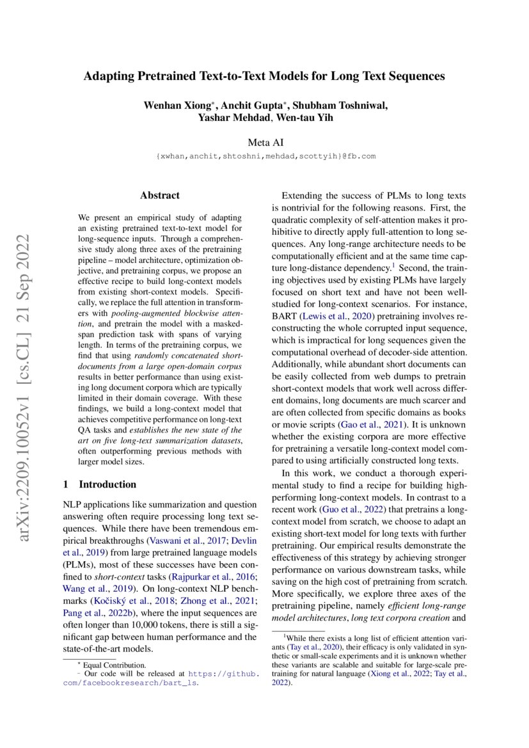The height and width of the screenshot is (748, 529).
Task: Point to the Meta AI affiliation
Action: [x=264, y=142]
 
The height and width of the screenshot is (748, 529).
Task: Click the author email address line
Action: [x=265, y=155]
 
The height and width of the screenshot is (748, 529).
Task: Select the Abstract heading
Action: [x=160, y=195]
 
